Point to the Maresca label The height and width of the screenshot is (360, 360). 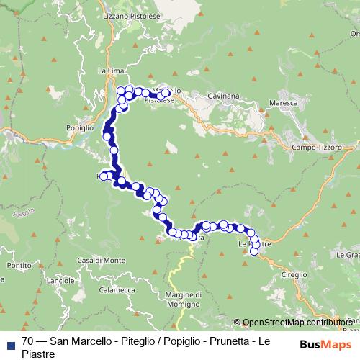(283, 103)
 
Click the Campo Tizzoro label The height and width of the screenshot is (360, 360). (315, 148)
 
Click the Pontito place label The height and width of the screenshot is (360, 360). (15, 266)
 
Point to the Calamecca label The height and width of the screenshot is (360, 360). (119, 290)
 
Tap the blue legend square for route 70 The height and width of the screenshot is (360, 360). (9, 342)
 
